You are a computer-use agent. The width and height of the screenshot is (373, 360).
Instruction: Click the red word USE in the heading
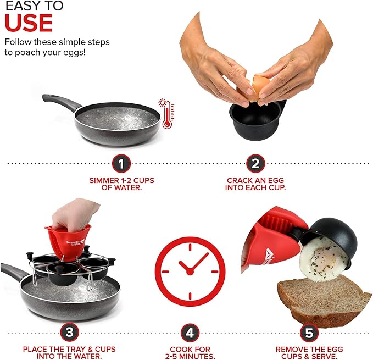coord(29,23)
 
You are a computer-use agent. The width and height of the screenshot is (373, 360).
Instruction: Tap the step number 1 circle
coord(121,163)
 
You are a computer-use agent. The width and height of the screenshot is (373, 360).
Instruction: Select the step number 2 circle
coord(255,163)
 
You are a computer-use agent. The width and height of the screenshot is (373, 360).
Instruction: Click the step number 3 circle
coord(69,332)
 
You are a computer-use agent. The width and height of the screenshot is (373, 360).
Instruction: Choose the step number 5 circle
coord(309,332)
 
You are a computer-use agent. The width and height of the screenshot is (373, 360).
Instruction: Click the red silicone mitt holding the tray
coord(68,240)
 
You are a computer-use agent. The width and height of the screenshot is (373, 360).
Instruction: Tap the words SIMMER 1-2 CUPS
coord(121,180)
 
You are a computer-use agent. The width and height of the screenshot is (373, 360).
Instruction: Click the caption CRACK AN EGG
coord(255,180)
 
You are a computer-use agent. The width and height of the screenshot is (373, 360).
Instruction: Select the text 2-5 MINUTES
coord(190,357)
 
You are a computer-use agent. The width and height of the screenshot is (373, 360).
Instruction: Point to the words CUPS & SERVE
coord(309,357)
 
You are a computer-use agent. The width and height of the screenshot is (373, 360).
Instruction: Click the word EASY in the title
coord(20,5)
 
